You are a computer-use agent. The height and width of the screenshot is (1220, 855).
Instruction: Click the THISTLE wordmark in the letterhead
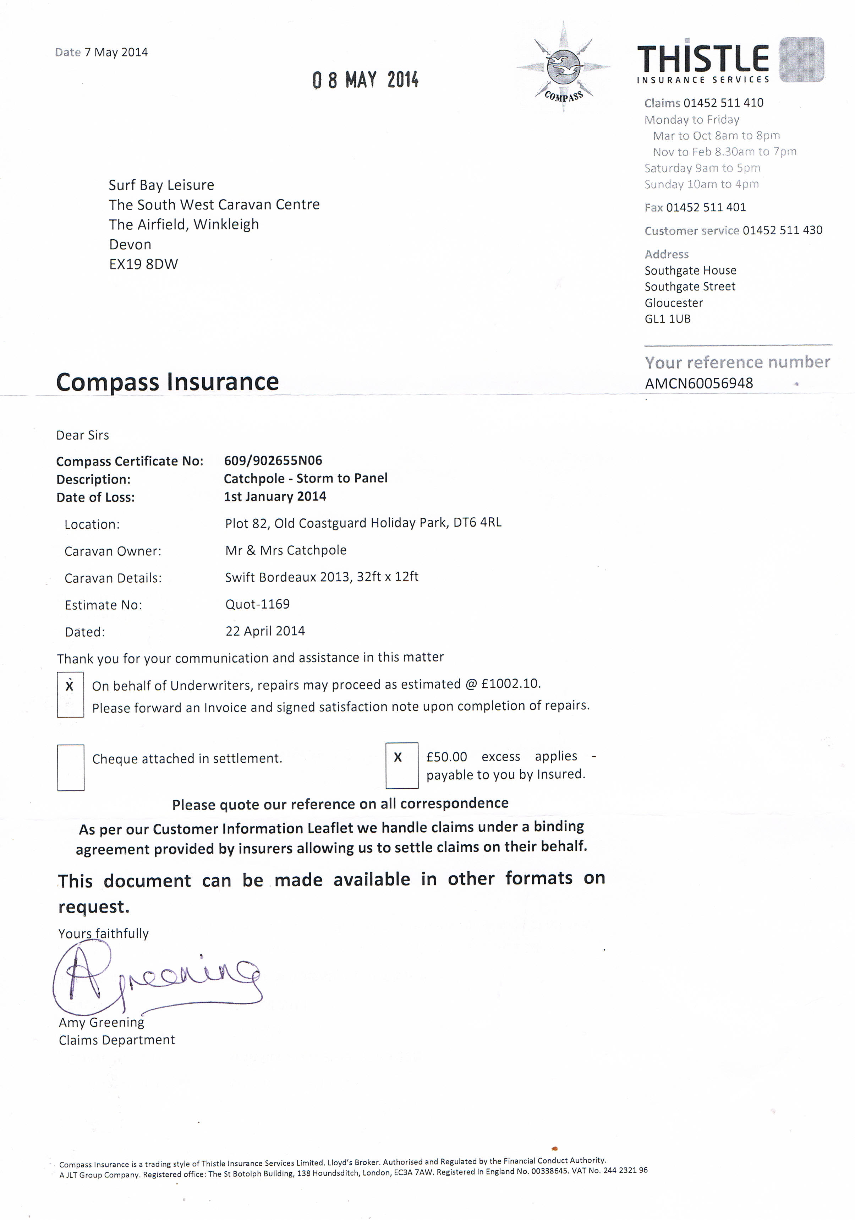coord(703,59)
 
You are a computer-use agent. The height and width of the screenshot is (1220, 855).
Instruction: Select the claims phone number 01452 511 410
coord(723,103)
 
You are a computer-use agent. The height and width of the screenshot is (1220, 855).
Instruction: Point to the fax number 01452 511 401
coord(706,207)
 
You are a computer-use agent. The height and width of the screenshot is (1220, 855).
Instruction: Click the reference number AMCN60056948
coord(699,383)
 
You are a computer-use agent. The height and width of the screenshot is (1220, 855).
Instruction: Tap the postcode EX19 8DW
coord(143,264)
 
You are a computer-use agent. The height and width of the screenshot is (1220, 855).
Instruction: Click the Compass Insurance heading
coord(167,381)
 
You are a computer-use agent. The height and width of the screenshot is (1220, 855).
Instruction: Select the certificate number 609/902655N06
coord(273,460)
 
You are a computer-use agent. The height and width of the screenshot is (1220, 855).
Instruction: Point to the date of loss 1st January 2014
coord(275,496)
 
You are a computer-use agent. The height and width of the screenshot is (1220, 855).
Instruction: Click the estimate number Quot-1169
coord(258,604)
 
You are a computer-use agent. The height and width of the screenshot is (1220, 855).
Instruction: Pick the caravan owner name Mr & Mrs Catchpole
coord(286,550)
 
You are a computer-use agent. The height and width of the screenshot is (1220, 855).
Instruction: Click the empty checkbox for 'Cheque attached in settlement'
coord(71,767)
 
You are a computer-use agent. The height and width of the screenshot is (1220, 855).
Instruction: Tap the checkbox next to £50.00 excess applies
coord(401,765)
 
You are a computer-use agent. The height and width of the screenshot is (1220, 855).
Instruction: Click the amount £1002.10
coord(510,683)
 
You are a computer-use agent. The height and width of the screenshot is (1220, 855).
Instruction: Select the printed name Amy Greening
coord(102,1022)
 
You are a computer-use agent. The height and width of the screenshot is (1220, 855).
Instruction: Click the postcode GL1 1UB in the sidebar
coord(668,319)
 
